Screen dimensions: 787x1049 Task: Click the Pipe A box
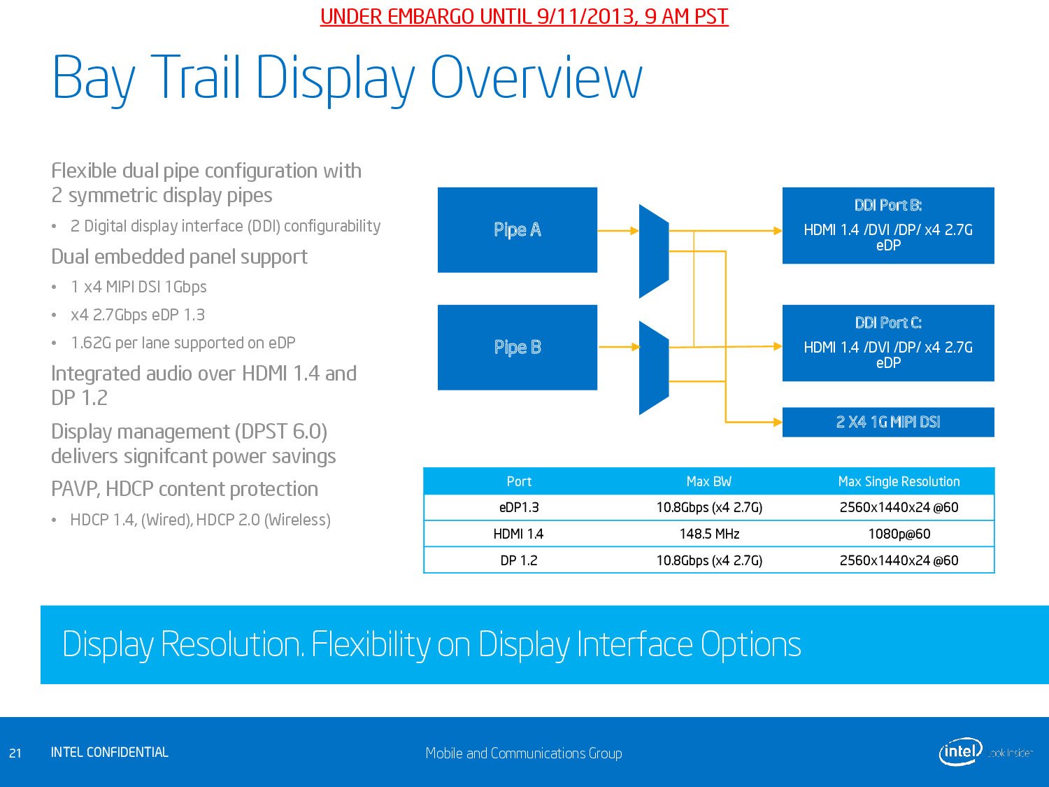coord(517,229)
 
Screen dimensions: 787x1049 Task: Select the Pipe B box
coord(517,347)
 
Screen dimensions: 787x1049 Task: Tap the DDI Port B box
coord(887,225)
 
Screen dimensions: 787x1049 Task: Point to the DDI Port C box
coord(887,343)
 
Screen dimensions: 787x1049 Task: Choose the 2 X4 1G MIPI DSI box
coord(887,422)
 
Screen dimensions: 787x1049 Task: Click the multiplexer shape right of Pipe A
coord(654,250)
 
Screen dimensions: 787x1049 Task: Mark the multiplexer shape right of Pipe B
coord(654,368)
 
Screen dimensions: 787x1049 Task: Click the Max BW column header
coord(708,481)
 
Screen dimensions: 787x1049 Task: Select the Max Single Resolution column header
coord(899,481)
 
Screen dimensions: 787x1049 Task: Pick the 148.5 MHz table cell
coord(709,534)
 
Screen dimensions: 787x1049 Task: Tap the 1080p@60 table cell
coord(899,534)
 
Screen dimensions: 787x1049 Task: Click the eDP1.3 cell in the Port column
coord(519,507)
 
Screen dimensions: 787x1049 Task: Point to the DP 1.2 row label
coord(519,560)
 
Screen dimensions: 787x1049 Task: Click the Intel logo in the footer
coord(960,752)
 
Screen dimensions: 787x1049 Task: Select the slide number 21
coord(15,753)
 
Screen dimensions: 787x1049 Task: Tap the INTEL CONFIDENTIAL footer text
coord(110,752)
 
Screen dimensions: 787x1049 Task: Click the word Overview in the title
coord(536,78)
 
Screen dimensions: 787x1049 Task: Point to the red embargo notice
coord(524,16)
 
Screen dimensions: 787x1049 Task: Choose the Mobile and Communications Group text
coord(524,753)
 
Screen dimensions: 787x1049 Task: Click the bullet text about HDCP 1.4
coord(200,520)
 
